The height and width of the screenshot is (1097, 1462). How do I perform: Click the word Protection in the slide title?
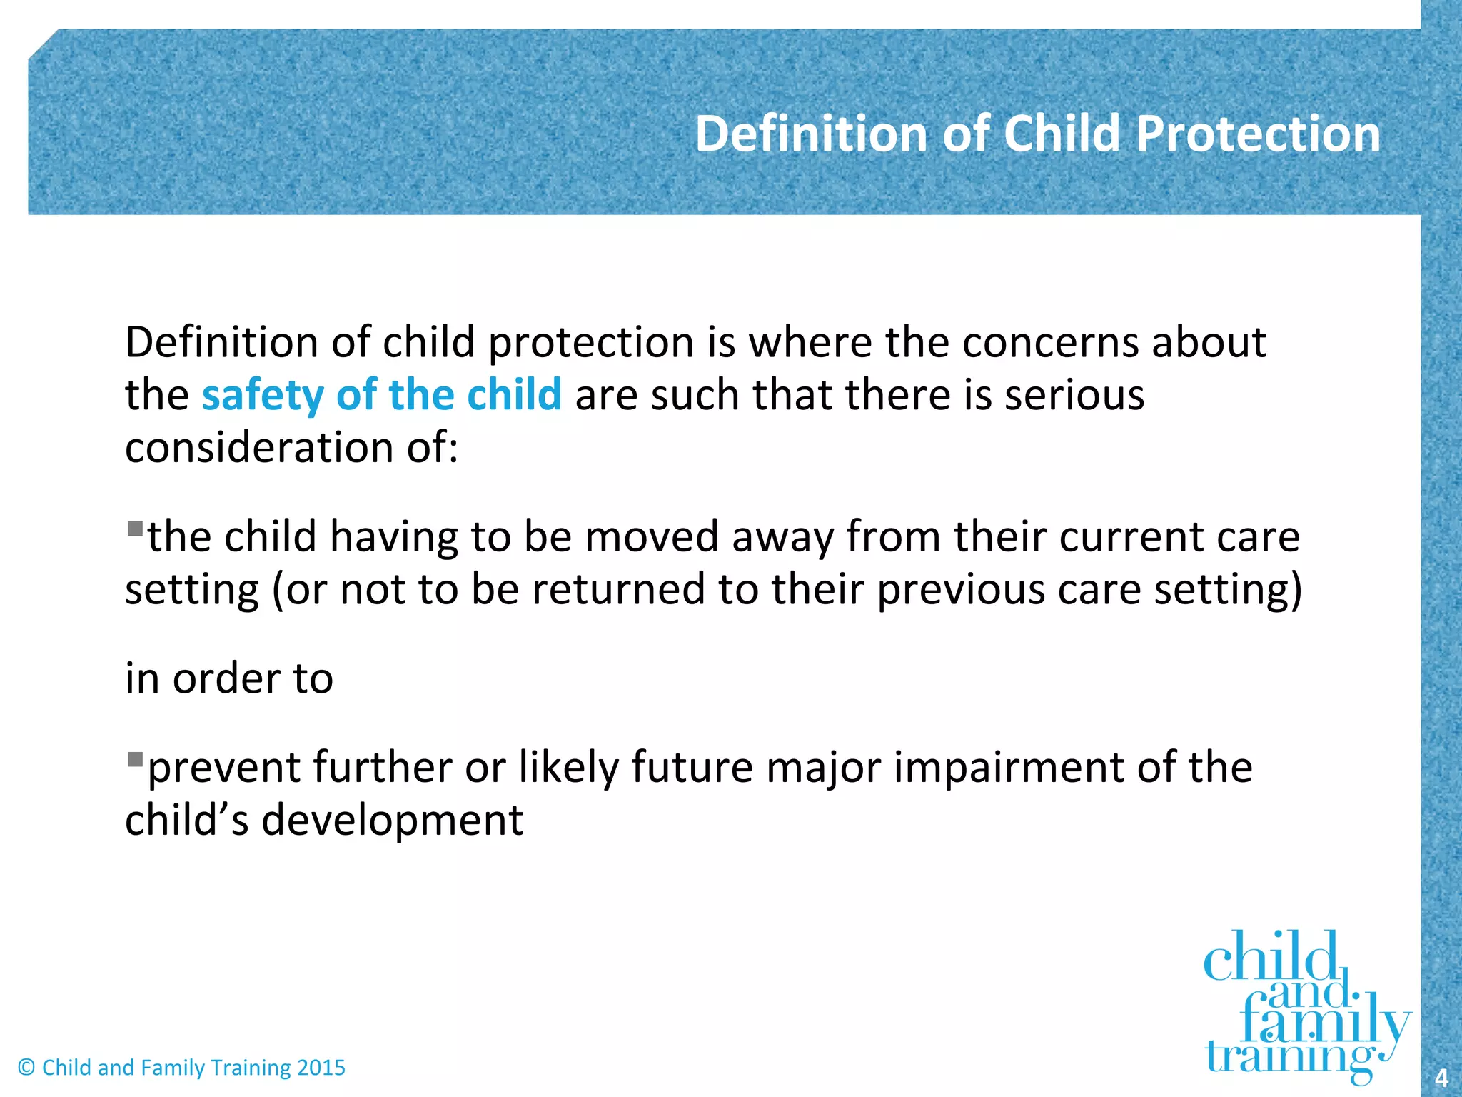(1258, 134)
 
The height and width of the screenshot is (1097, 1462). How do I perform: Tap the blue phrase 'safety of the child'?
(382, 395)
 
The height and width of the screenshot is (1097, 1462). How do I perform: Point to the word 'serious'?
(1074, 395)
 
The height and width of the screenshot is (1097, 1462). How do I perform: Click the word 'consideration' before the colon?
(259, 448)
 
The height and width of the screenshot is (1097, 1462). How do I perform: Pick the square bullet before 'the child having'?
(135, 529)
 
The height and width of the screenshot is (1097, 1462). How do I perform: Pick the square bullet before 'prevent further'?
(135, 759)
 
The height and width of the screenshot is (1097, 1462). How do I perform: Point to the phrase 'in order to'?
(229, 678)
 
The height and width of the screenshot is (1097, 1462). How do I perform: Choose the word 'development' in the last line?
(392, 820)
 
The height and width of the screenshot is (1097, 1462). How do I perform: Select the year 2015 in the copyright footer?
(321, 1068)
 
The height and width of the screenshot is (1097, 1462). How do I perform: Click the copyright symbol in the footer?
(26, 1068)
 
